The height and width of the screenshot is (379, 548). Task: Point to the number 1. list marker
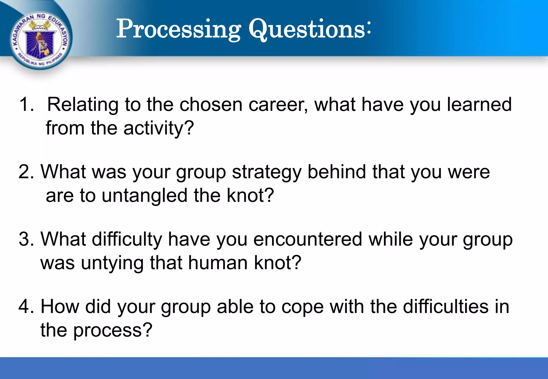point(26,104)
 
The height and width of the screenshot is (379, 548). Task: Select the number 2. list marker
point(26,172)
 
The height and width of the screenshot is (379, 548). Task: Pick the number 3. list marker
point(26,239)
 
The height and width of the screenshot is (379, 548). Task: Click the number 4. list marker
point(26,306)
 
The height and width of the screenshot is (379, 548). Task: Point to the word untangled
point(144,196)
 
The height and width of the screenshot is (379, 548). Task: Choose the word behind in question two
point(337,172)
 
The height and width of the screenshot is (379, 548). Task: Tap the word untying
point(112,263)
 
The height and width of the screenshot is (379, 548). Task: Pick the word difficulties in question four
point(446,306)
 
